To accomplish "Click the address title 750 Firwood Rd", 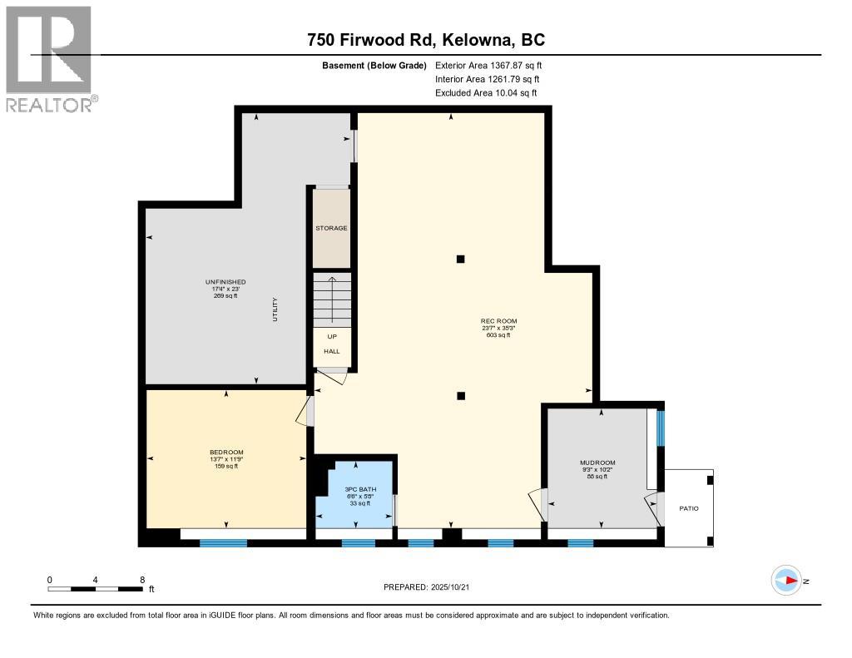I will [x=425, y=39].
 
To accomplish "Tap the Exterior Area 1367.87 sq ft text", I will [x=488, y=65].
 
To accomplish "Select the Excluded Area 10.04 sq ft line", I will [x=486, y=93].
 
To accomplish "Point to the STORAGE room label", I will [x=331, y=228].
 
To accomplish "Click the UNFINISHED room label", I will [x=225, y=282].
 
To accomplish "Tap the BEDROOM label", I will [x=226, y=452].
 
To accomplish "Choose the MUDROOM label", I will [x=596, y=463].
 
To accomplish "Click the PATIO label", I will [x=687, y=507].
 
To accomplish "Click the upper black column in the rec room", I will [x=461, y=259].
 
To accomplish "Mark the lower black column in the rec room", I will [x=461, y=396].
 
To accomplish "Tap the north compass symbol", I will [x=786, y=581].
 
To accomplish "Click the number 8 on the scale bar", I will [x=142, y=579].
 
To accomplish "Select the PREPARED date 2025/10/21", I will [x=432, y=586].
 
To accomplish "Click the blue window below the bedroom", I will [x=223, y=543].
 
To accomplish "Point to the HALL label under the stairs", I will [x=331, y=351].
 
